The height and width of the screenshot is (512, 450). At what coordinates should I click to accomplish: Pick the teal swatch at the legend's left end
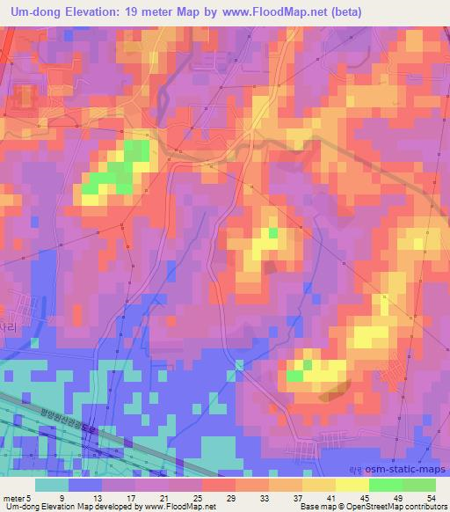coord(52,485)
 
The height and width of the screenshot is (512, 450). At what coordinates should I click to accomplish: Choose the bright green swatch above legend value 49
coord(385,485)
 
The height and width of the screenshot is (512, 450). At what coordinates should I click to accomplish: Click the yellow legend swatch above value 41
coord(318,485)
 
